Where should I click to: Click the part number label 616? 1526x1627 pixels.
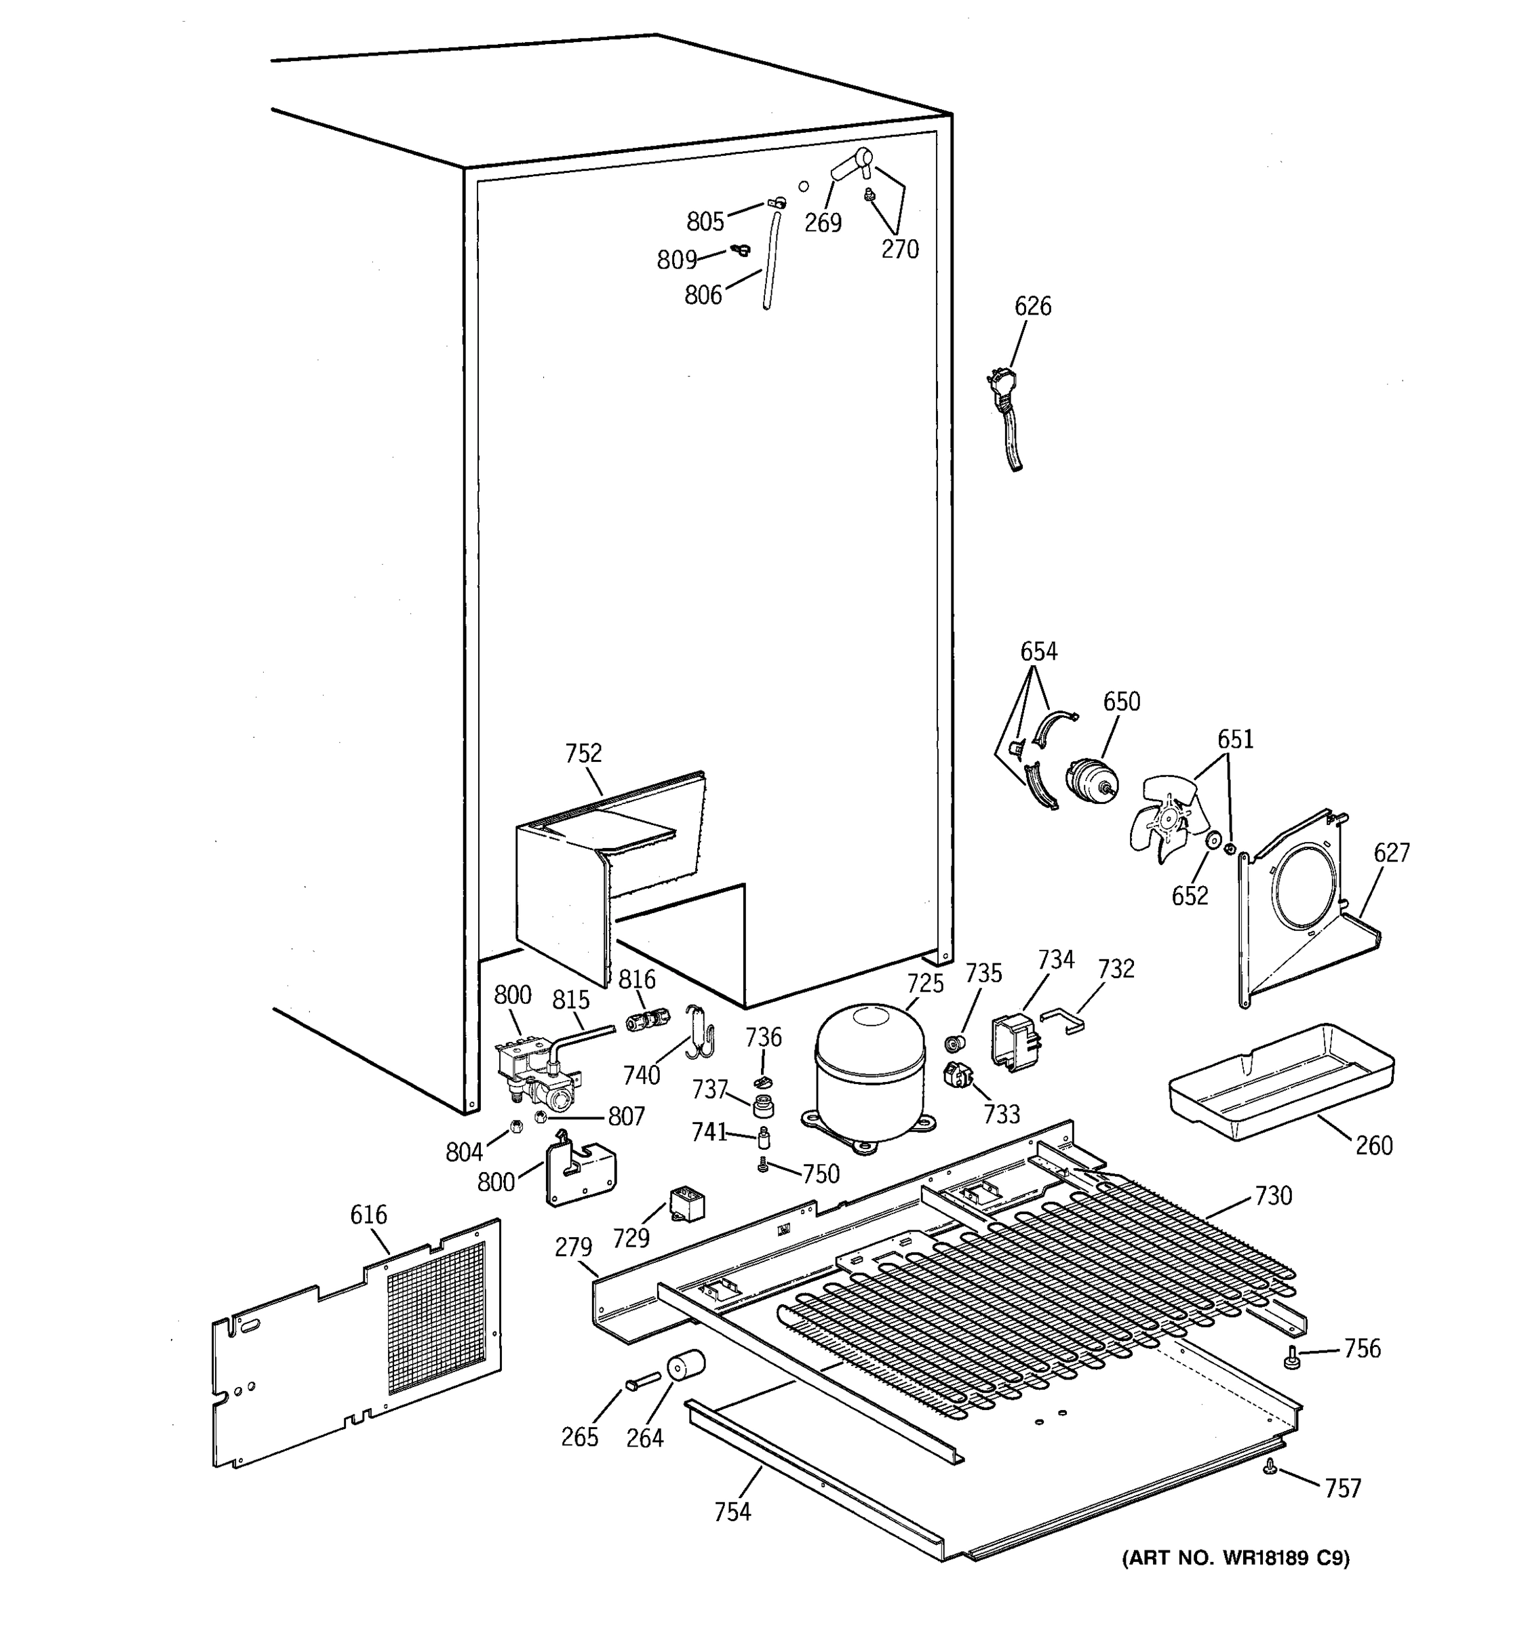click(x=368, y=1216)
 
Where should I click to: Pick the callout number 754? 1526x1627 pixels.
click(x=732, y=1512)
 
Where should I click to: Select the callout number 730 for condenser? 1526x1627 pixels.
click(x=1273, y=1196)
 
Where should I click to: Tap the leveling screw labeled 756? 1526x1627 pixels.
click(x=1293, y=1358)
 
